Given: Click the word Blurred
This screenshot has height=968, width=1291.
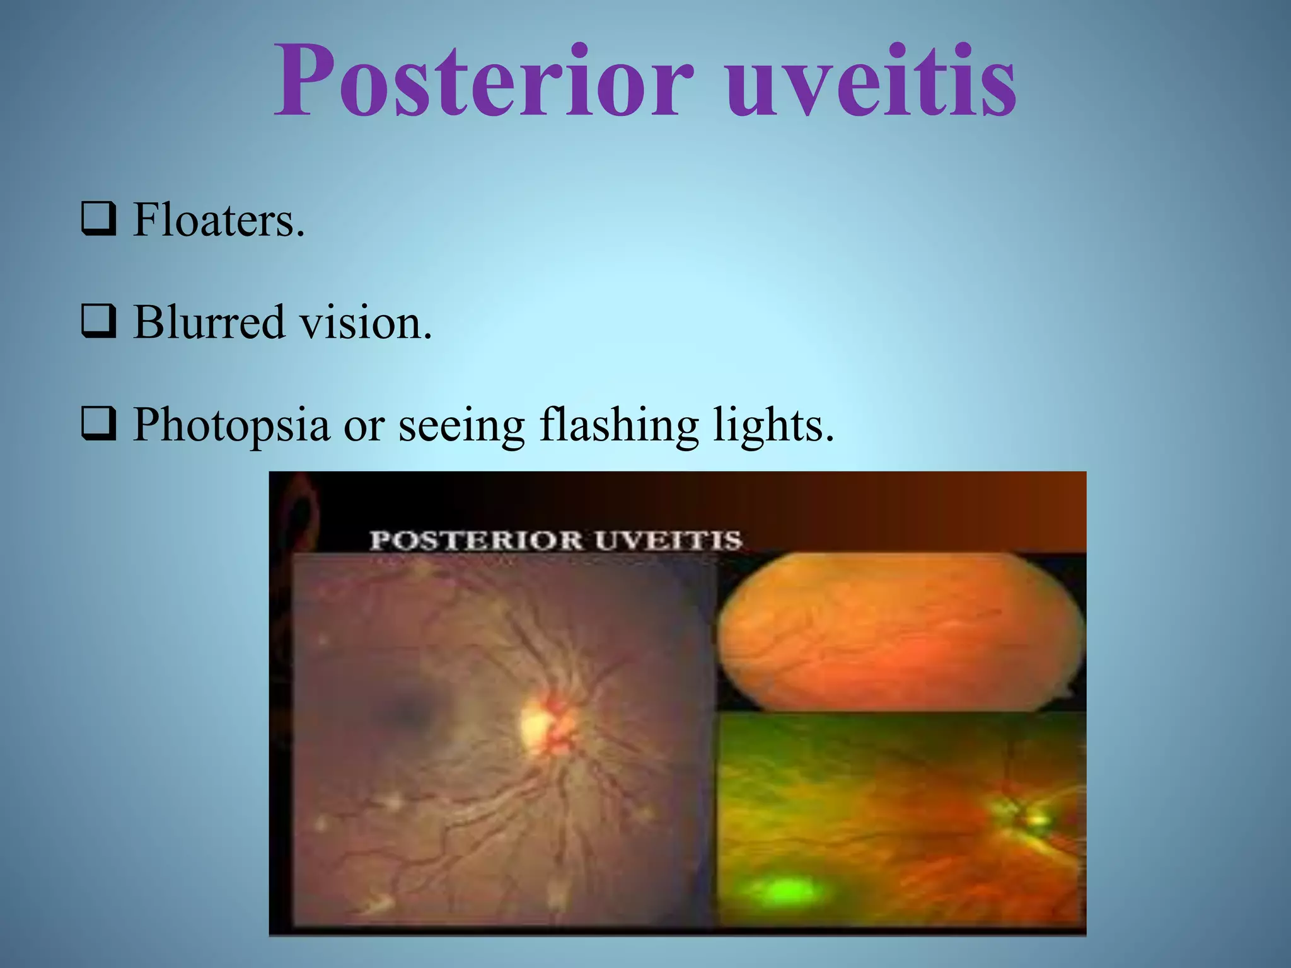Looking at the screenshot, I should pyautogui.click(x=209, y=322).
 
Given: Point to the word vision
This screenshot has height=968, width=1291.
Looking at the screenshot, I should pyautogui.click(x=365, y=322).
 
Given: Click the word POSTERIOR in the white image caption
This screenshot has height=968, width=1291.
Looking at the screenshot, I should pyautogui.click(x=476, y=541).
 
